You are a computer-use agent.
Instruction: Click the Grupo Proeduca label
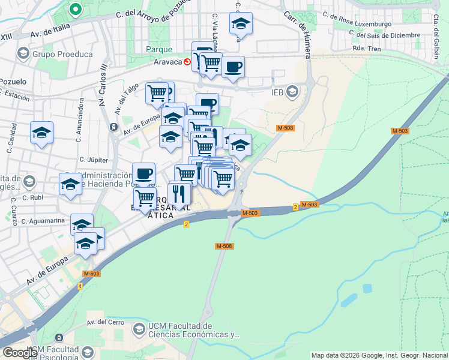(62, 54)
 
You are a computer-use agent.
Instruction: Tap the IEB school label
(277, 92)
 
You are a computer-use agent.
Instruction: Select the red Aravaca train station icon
(188, 61)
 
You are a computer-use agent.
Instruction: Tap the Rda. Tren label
(368, 49)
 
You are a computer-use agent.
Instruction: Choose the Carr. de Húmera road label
(298, 33)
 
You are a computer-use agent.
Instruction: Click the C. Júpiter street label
(93, 160)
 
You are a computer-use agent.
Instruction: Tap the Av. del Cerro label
(105, 322)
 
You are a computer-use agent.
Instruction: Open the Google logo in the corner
(20, 353)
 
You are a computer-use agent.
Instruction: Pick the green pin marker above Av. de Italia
(76, 10)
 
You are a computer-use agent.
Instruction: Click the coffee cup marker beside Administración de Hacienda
(143, 173)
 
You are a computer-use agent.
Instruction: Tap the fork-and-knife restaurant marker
(178, 193)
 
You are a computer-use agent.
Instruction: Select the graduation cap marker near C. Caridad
(42, 133)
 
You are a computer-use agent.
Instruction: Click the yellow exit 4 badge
(80, 286)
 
